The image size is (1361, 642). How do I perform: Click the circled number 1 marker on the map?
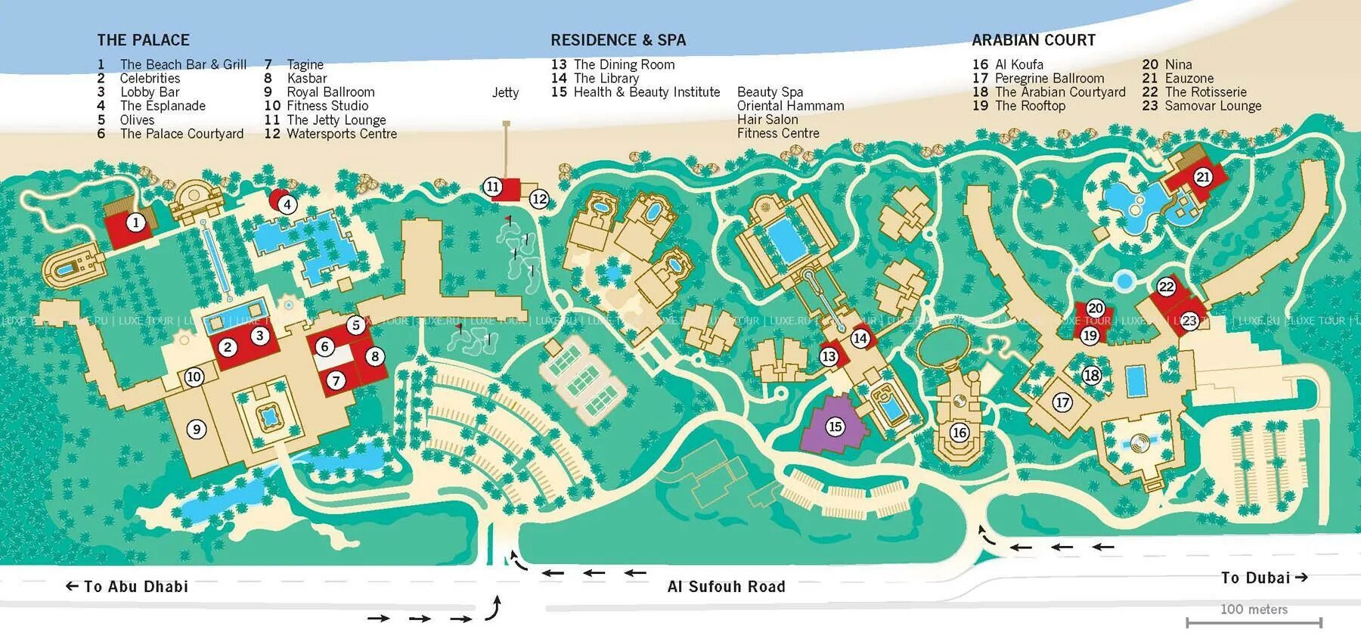(135, 222)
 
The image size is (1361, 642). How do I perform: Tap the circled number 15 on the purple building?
(835, 426)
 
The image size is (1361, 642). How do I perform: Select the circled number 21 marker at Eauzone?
(1203, 178)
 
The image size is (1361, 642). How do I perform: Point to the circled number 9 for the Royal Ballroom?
(197, 430)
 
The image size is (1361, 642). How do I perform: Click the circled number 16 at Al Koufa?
(959, 433)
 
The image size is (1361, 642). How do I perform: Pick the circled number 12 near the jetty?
(538, 200)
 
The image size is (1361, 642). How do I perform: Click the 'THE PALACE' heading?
(143, 40)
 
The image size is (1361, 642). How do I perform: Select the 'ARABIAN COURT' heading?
(1033, 40)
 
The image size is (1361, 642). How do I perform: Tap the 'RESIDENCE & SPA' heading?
(618, 40)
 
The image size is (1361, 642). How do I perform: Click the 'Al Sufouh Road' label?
(726, 586)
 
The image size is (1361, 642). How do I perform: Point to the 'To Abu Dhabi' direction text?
(127, 586)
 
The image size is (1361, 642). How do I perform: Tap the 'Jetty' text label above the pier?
(505, 92)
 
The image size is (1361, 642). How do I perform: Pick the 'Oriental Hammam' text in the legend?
(790, 106)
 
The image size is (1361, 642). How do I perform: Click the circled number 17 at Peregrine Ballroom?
(1062, 402)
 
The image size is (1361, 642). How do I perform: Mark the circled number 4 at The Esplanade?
(287, 203)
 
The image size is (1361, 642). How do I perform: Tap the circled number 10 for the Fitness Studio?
(194, 377)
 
